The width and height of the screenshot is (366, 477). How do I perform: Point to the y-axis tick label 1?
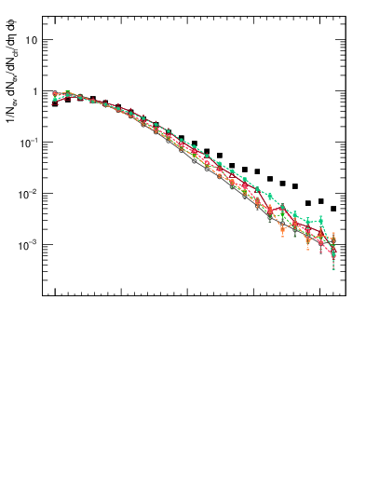[34, 91]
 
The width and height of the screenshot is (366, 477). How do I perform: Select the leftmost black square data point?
[55, 103]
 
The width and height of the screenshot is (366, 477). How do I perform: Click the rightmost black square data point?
[333, 209]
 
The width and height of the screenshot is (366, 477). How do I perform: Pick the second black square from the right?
[320, 201]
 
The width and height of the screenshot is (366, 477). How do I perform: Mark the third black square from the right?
[308, 203]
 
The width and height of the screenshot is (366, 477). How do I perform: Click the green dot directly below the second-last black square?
[320, 221]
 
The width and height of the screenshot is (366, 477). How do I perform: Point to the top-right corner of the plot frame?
[346, 15]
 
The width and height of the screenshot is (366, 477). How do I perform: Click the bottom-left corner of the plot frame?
[43, 296]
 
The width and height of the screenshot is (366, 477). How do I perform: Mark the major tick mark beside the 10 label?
[46, 40]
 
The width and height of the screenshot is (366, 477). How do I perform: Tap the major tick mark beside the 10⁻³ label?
[46, 245]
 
